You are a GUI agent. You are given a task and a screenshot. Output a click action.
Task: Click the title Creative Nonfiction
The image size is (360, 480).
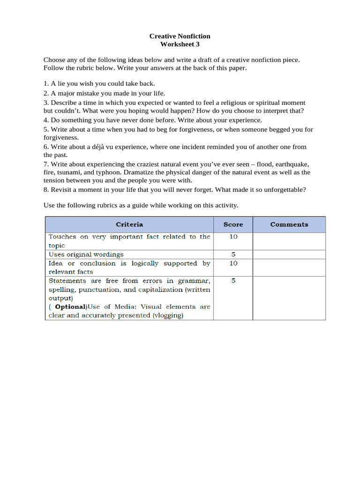(180, 36)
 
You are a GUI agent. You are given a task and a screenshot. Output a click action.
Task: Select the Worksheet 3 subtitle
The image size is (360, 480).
(180, 45)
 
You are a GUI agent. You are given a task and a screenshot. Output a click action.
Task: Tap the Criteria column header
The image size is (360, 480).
(129, 225)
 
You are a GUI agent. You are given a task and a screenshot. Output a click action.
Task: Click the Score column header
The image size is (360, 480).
(233, 225)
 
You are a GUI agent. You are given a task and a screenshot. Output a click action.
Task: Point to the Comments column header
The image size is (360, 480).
(289, 225)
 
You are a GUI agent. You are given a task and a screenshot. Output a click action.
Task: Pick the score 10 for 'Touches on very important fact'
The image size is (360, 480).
(233, 237)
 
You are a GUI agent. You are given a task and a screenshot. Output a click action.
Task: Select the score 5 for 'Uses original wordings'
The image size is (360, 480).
(233, 254)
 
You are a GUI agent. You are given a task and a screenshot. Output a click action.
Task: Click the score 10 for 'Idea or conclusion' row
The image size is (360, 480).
(233, 263)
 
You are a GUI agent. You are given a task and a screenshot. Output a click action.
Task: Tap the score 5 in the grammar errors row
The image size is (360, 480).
(233, 281)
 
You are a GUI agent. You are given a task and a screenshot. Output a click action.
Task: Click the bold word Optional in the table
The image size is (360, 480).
(71, 307)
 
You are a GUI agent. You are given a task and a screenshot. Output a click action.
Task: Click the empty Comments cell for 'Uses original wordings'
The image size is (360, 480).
(289, 254)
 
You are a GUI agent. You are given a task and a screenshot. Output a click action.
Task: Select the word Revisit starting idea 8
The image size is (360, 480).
(62, 190)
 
